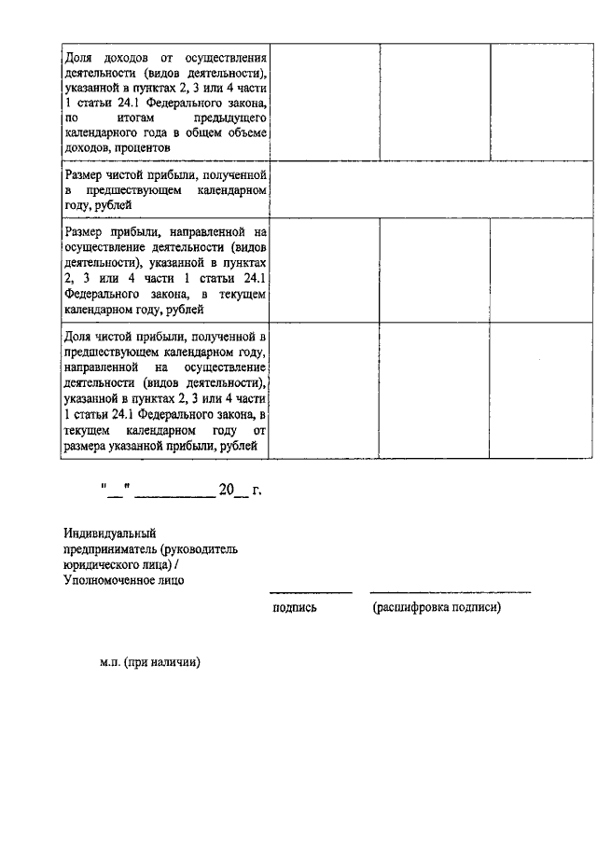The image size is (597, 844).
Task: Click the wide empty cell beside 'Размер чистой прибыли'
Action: pyautogui.click(x=432, y=189)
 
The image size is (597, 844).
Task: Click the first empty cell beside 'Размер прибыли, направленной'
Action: pyautogui.click(x=325, y=269)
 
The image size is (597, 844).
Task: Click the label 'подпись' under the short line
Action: pyautogui.click(x=294, y=608)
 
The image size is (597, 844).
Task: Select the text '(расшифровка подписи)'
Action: pyautogui.click(x=436, y=608)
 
